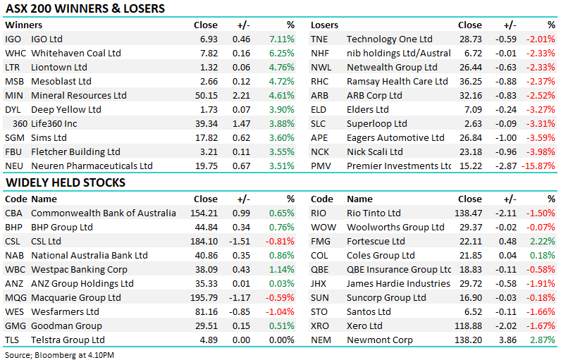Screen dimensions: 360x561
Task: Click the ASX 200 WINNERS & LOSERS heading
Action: tap(85, 9)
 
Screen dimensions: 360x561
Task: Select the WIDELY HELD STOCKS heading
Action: tap(66, 182)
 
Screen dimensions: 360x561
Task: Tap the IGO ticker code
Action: tap(13, 39)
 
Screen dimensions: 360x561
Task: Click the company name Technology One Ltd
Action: tap(389, 39)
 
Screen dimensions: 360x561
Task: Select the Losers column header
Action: tap(325, 25)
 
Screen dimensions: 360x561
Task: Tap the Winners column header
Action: tap(23, 25)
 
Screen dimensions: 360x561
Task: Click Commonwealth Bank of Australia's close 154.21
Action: tap(204, 213)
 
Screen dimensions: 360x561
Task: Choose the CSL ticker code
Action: tap(13, 242)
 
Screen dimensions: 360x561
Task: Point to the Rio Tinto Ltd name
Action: tap(374, 213)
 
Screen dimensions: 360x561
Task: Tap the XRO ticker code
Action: tap(321, 326)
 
